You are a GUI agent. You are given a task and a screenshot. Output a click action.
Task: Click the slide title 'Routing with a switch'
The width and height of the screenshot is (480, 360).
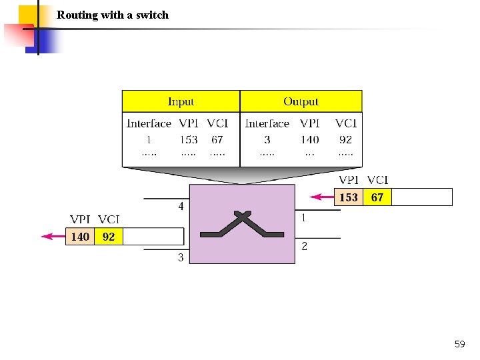113,15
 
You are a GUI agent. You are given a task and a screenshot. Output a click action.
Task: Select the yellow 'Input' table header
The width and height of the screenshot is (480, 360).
181,101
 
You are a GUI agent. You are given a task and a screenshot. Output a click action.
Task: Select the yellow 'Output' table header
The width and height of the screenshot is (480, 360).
301,101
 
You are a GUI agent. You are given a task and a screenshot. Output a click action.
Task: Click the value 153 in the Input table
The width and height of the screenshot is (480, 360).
189,139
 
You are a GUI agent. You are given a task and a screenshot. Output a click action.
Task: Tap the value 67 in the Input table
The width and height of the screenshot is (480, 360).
217,139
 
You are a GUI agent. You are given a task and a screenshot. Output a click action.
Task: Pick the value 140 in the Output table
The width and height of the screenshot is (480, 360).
309,139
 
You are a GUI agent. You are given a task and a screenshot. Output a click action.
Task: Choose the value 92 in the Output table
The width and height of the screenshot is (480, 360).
345,139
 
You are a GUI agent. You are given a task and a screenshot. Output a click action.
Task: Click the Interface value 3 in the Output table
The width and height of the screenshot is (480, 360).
267,139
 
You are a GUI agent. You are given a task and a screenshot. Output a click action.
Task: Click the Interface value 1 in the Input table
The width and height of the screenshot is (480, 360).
149,139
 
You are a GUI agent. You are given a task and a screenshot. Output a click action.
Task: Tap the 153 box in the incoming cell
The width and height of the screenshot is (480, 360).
349,197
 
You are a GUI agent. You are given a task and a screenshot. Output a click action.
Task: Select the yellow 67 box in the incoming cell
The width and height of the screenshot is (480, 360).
377,197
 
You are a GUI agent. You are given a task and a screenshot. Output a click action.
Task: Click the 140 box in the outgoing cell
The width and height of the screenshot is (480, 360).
80,237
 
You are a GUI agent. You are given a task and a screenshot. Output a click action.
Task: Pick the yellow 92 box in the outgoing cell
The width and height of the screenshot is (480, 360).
109,237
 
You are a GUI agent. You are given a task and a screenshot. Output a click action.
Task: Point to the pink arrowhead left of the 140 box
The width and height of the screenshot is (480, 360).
47,236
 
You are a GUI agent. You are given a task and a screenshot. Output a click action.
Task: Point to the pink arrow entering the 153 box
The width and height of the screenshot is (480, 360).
323,197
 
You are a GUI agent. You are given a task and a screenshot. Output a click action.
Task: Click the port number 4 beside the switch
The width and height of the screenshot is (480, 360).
181,207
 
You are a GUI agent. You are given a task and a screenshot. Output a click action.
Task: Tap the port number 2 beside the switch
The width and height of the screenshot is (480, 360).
304,247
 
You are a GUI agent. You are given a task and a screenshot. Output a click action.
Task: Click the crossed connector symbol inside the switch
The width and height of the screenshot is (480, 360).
243,225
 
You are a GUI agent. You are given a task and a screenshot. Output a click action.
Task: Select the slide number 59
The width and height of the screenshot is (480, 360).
459,344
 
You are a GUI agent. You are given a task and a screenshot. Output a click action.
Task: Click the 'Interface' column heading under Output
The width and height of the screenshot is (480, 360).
267,123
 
